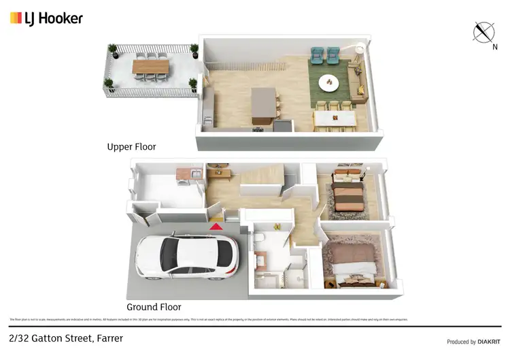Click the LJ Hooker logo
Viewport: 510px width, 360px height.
point(46,18)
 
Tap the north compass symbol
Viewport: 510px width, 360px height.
point(483,32)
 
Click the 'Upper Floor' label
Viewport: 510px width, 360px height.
point(131,146)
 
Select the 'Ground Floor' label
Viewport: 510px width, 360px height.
point(154,307)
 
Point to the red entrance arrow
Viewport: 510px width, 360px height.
point(216,226)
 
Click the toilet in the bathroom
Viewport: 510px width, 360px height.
point(260,238)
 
